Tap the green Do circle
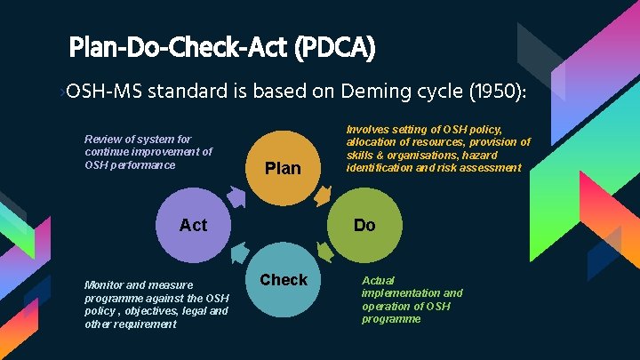click(364, 225)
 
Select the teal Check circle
click(284, 283)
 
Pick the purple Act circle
click(193, 225)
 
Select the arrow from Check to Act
click(237, 257)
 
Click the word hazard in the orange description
click(501, 156)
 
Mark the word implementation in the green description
click(400, 292)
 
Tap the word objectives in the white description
click(148, 311)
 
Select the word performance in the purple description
click(143, 164)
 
